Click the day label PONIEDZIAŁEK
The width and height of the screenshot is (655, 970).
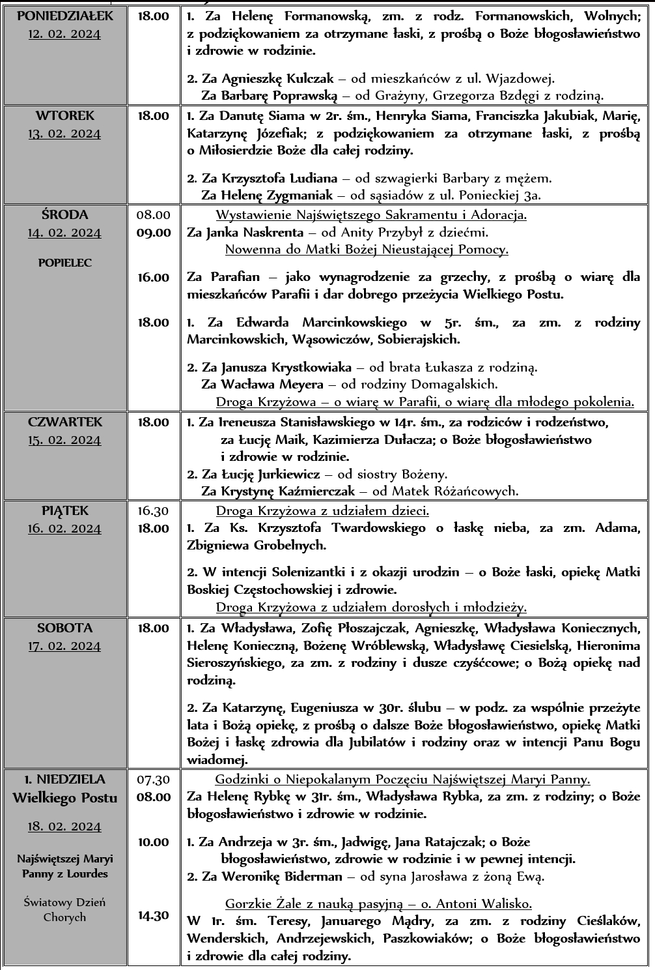pos(64,16)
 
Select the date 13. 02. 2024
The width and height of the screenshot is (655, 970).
pos(64,134)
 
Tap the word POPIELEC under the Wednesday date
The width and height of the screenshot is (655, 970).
pos(64,263)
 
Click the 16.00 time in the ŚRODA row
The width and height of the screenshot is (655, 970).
pos(154,278)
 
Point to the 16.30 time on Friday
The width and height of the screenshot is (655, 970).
pos(154,511)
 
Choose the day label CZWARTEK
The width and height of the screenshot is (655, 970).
pos(64,422)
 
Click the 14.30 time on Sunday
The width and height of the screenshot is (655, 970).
pos(154,915)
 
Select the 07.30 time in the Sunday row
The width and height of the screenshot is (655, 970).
pos(154,779)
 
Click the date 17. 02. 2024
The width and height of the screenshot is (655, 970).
pos(64,646)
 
